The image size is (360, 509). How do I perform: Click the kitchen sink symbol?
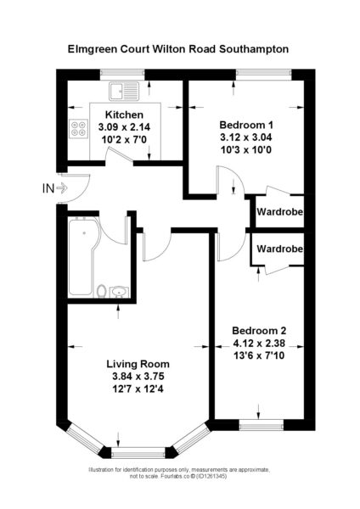124,91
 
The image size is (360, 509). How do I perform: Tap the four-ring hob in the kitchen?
79,128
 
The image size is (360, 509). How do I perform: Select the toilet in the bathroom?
102,291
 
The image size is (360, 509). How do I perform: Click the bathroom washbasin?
119,292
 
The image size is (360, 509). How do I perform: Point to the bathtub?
83,256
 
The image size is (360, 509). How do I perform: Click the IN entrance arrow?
62,187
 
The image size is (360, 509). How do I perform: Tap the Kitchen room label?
124,115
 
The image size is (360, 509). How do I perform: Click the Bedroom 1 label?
246,125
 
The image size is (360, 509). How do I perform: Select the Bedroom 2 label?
259,331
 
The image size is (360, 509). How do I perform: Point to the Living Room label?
138,364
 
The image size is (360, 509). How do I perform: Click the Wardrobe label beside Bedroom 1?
279,212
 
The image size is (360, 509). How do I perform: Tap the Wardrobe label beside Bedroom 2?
279,249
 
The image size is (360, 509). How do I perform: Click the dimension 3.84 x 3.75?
138,376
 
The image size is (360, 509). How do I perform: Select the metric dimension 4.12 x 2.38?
259,343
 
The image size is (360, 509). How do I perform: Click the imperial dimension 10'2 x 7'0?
124,139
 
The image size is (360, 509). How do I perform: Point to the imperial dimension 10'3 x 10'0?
246,149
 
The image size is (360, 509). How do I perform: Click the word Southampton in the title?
254,49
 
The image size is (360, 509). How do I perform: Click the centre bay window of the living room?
138,452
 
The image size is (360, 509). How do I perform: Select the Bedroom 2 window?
262,425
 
